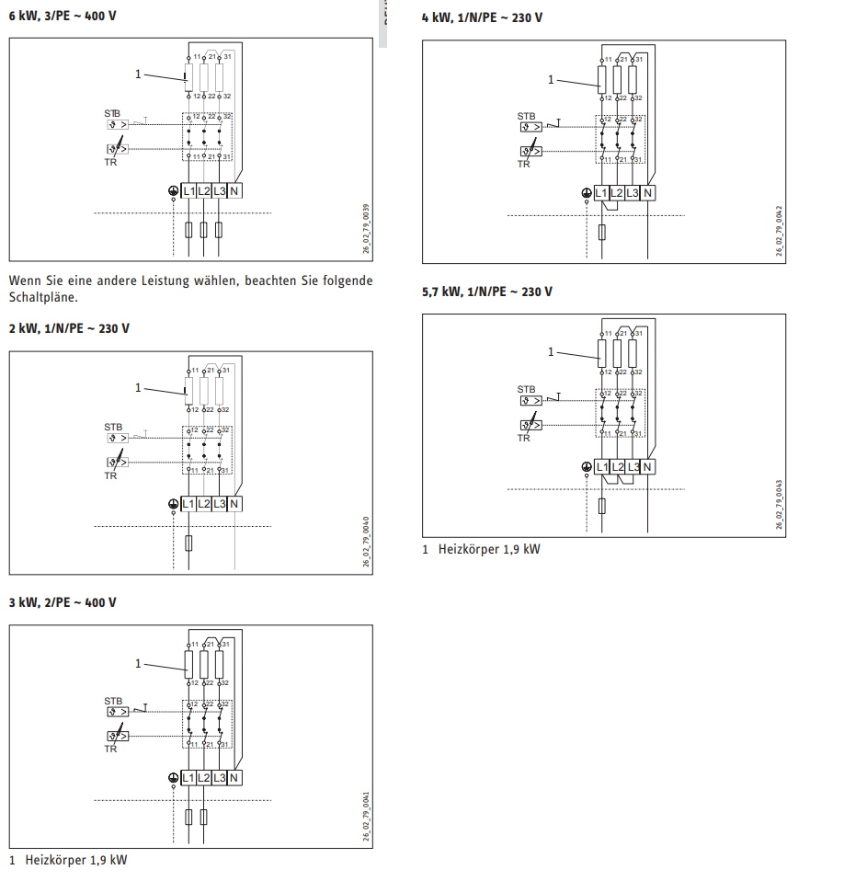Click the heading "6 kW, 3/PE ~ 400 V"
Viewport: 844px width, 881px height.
click(63, 17)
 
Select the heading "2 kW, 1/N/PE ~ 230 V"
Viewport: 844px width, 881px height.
click(69, 328)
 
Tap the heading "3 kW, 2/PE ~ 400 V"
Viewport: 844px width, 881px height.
click(63, 602)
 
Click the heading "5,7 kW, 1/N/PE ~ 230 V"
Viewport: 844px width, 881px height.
click(487, 292)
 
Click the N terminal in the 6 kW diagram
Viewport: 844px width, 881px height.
click(234, 191)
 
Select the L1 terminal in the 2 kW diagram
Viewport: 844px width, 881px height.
click(188, 504)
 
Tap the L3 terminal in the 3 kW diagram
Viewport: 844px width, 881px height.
click(219, 778)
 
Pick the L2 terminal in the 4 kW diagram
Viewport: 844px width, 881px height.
click(617, 193)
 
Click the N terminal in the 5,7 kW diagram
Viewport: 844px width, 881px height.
click(647, 467)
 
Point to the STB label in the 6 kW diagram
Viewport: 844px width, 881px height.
click(112, 113)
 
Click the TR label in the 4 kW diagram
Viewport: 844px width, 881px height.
click(523, 165)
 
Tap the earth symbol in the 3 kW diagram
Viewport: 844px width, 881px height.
click(173, 778)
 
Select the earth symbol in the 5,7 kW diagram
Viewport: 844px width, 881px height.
click(586, 467)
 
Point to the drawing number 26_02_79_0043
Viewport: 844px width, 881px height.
click(779, 504)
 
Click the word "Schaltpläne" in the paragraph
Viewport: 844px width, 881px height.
click(43, 298)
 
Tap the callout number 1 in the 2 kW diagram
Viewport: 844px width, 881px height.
click(139, 387)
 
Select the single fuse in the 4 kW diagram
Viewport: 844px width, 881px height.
click(601, 230)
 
